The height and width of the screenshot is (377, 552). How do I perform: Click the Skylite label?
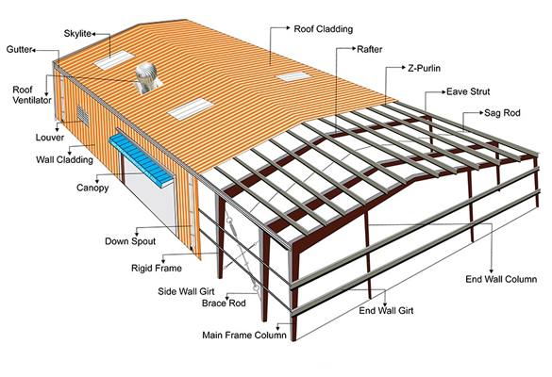(x=77, y=34)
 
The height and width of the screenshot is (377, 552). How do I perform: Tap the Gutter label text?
(x=20, y=50)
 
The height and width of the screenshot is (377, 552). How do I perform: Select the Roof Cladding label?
(x=323, y=29)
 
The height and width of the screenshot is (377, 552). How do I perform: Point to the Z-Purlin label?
(x=424, y=68)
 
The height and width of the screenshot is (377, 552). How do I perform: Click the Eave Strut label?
(x=468, y=91)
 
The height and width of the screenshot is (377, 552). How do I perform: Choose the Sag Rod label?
(x=502, y=113)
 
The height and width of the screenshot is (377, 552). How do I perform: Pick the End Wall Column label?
(x=501, y=279)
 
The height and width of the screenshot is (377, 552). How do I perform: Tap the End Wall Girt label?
(x=386, y=310)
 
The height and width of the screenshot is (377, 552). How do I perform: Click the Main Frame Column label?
(x=244, y=336)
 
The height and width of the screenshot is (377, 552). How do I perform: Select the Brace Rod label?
(x=224, y=303)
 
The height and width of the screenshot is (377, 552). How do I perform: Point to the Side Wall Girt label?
(x=186, y=291)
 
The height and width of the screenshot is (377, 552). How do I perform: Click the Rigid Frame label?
(x=157, y=269)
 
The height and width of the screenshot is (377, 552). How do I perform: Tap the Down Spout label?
(x=130, y=241)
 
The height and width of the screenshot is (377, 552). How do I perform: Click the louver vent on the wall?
(x=83, y=114)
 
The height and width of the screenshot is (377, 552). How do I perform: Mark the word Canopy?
(x=92, y=188)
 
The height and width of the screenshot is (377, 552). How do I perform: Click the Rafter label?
(x=369, y=49)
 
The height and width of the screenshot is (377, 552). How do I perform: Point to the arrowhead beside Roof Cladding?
(x=288, y=27)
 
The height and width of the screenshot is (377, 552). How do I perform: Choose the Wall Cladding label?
(x=64, y=160)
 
